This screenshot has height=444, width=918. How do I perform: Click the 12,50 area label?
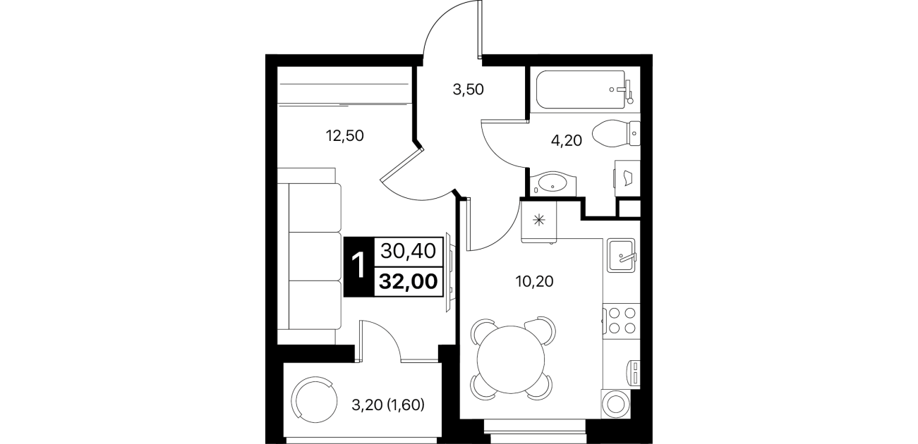point(344,135)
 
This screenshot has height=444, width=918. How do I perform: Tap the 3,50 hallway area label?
point(469,90)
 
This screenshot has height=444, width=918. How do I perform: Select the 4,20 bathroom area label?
point(567,141)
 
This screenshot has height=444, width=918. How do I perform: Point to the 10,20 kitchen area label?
point(535,281)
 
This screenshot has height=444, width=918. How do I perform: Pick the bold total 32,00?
point(409,281)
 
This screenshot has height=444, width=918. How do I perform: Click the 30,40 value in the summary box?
point(408,251)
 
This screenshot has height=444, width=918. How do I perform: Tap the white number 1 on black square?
point(359,266)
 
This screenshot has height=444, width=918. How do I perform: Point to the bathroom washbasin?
point(553,184)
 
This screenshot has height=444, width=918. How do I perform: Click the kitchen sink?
point(621,256)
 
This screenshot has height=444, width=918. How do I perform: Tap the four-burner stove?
point(621,321)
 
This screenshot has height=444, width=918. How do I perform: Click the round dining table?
point(511,360)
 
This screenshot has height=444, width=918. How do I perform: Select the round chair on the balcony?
point(314,400)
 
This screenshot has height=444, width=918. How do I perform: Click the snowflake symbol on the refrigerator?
point(538,221)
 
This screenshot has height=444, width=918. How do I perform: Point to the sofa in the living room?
point(310,257)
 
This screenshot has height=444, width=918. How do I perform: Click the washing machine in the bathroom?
point(627,178)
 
